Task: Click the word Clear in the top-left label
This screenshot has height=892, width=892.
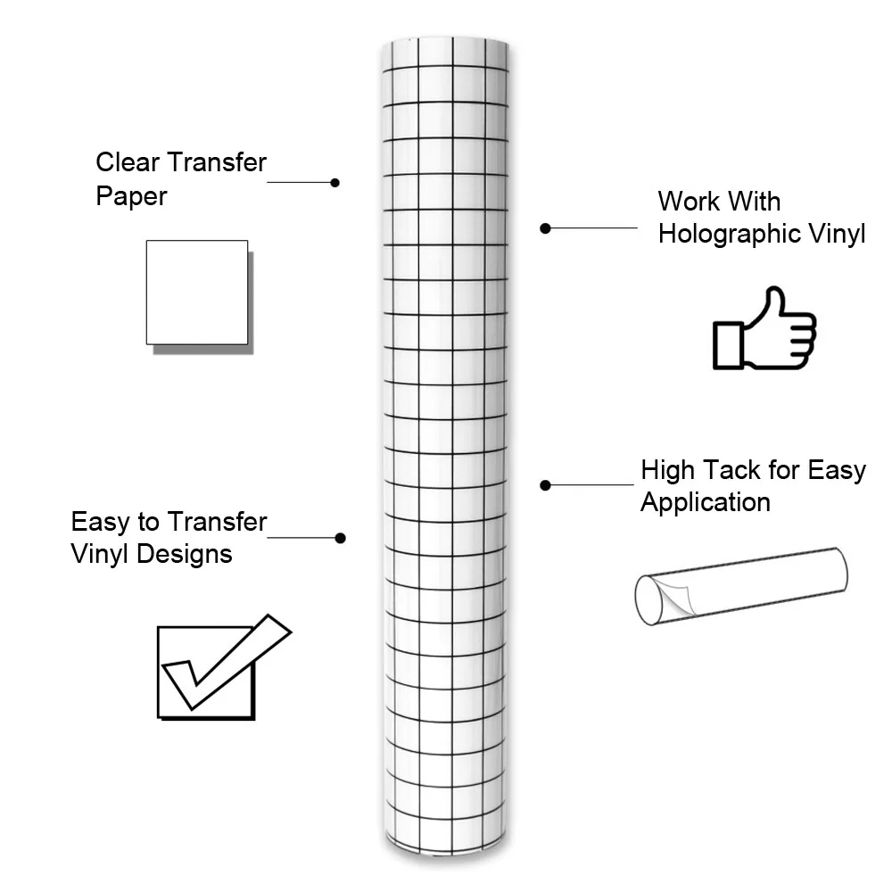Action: point(128,162)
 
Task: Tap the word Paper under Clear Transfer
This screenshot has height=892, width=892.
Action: point(131,196)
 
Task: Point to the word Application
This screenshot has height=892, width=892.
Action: point(705,502)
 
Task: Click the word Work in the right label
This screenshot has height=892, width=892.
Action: point(689,202)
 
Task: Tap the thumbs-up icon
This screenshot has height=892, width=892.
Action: point(764,329)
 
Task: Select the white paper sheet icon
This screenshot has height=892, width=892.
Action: point(197,293)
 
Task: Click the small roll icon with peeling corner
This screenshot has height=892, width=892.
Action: point(740,586)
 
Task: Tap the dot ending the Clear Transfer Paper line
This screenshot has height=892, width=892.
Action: point(334,182)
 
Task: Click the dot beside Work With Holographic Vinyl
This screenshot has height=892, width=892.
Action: point(545,228)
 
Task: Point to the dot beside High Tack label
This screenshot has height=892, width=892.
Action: point(545,484)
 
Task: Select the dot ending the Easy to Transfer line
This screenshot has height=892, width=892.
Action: point(340,538)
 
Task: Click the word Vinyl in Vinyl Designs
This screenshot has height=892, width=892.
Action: point(100,554)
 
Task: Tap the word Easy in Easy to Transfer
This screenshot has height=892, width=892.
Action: point(99,522)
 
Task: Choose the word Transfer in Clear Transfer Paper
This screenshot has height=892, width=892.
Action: point(217,162)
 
